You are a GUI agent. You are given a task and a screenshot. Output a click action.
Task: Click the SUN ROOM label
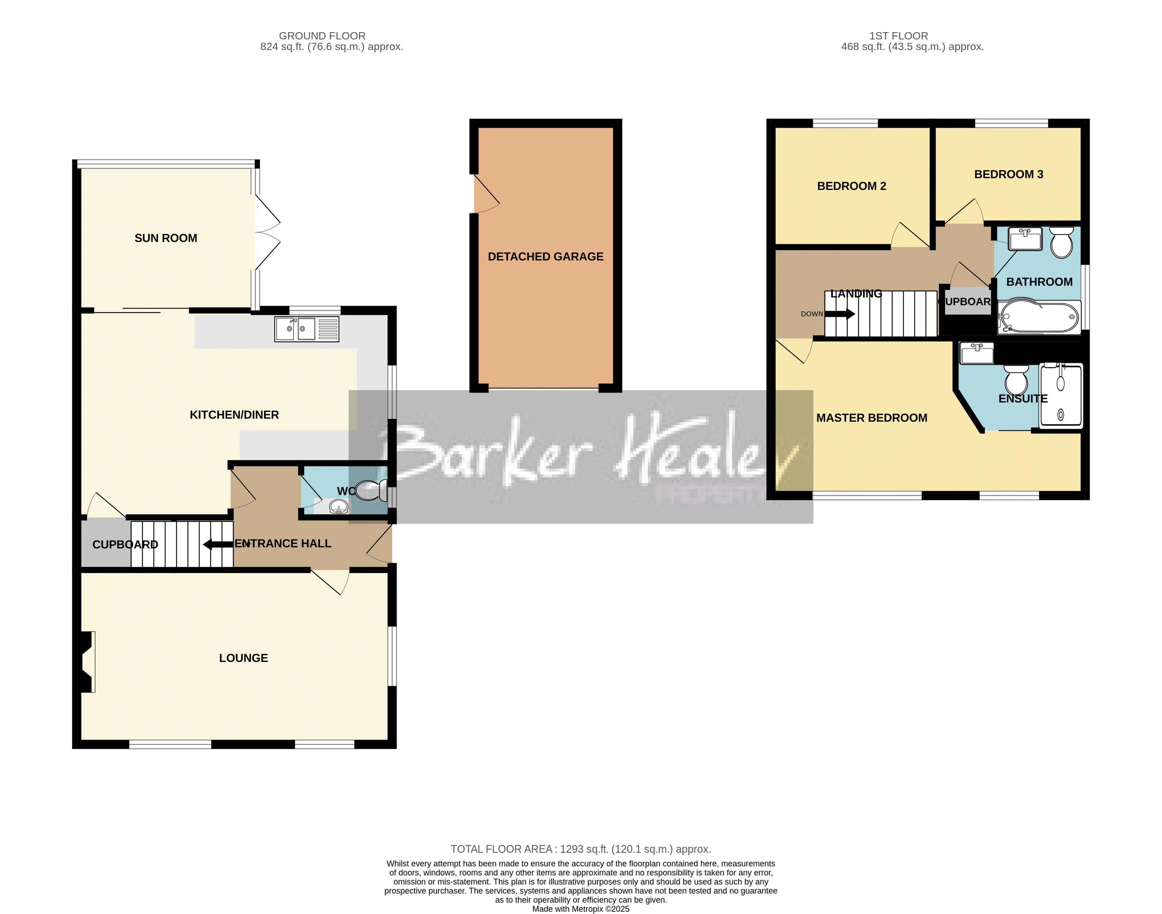coord(166,238)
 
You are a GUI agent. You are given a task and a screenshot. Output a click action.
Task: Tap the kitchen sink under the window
coord(306,329)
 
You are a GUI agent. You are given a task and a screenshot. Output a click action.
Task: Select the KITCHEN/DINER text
coord(234,415)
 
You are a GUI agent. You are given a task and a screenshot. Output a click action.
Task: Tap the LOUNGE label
coord(244,658)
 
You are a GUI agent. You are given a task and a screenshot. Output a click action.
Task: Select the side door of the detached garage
coord(485,194)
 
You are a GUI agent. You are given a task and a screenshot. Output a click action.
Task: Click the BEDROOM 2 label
coord(851,186)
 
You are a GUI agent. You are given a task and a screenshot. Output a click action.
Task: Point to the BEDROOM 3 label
coord(1009,174)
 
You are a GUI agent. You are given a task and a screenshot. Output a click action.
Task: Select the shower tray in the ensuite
coord(1060,396)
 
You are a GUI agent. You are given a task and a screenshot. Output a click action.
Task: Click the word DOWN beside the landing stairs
coord(811,314)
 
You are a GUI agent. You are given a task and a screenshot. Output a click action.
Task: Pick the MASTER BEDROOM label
coord(871,418)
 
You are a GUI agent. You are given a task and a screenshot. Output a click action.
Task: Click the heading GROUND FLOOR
coord(322,36)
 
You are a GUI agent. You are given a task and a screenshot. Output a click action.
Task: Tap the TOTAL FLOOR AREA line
coord(581,849)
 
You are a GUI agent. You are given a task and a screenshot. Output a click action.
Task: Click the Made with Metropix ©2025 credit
coord(581,909)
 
